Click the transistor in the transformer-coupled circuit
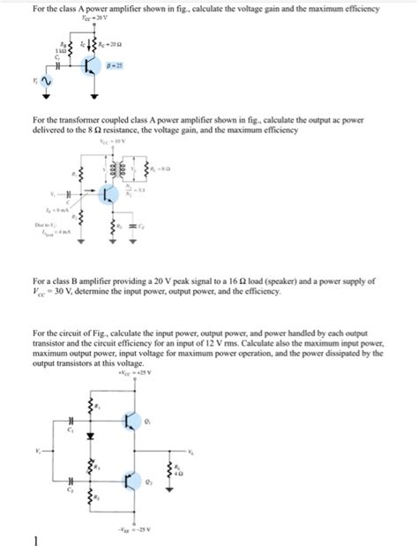coord(110,193)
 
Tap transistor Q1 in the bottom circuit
coord(133,420)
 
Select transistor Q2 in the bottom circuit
coord(133,482)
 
